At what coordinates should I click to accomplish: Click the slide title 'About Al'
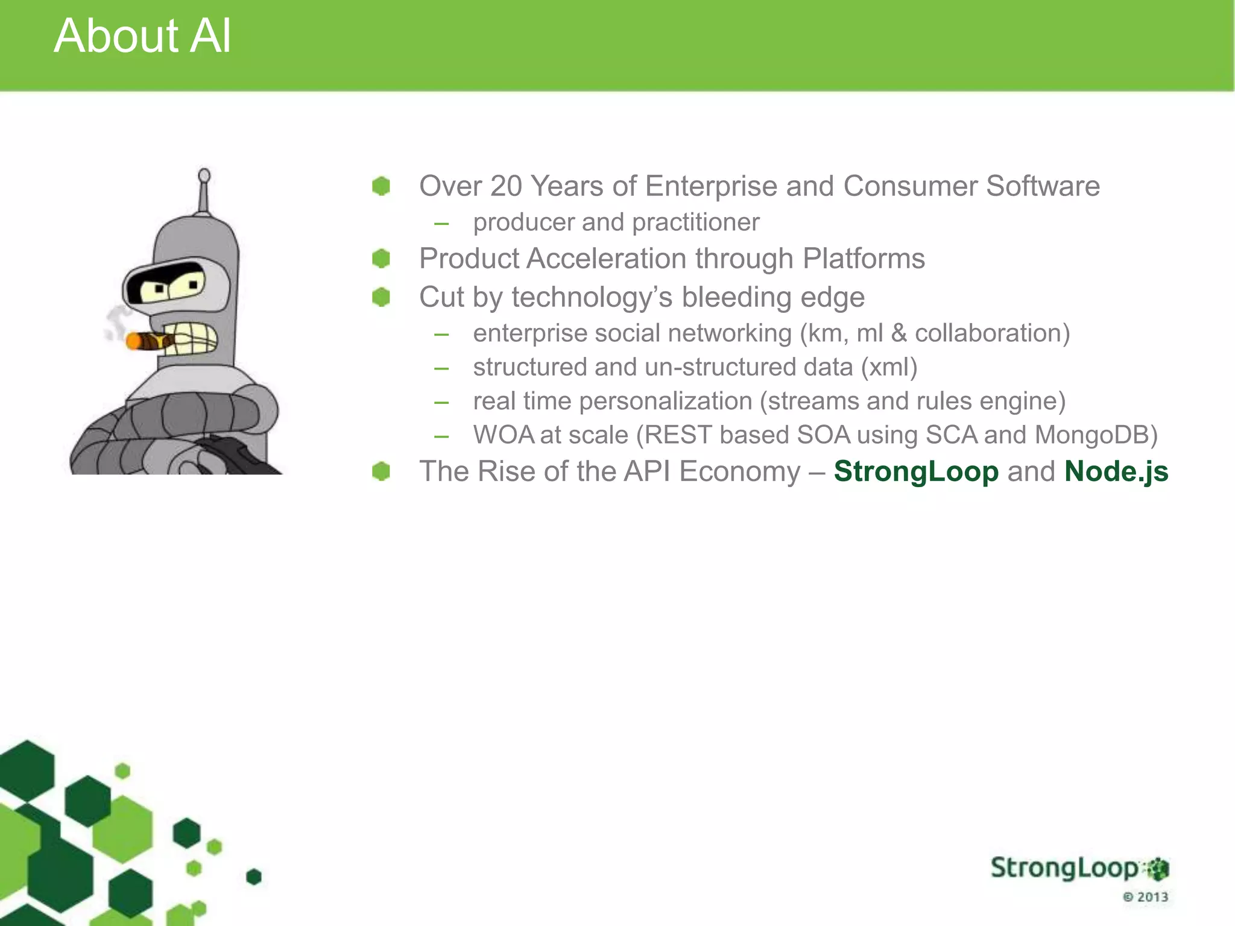[x=142, y=36]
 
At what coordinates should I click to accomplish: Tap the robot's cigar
[x=148, y=341]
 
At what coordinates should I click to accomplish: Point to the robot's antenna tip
[x=204, y=175]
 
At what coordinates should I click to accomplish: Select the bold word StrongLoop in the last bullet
[x=916, y=471]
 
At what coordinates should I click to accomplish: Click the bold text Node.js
[x=1116, y=471]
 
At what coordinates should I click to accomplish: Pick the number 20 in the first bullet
[x=506, y=186]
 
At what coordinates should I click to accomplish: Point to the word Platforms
[x=864, y=259]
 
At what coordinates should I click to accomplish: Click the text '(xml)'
[x=889, y=367]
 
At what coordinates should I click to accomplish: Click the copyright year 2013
[x=1152, y=897]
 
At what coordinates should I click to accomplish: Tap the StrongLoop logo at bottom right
[x=1079, y=869]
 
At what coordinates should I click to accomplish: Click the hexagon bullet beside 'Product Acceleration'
[x=381, y=259]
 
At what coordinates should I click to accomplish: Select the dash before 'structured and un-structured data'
[x=441, y=368]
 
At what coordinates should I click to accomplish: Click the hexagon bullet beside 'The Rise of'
[x=381, y=471]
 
